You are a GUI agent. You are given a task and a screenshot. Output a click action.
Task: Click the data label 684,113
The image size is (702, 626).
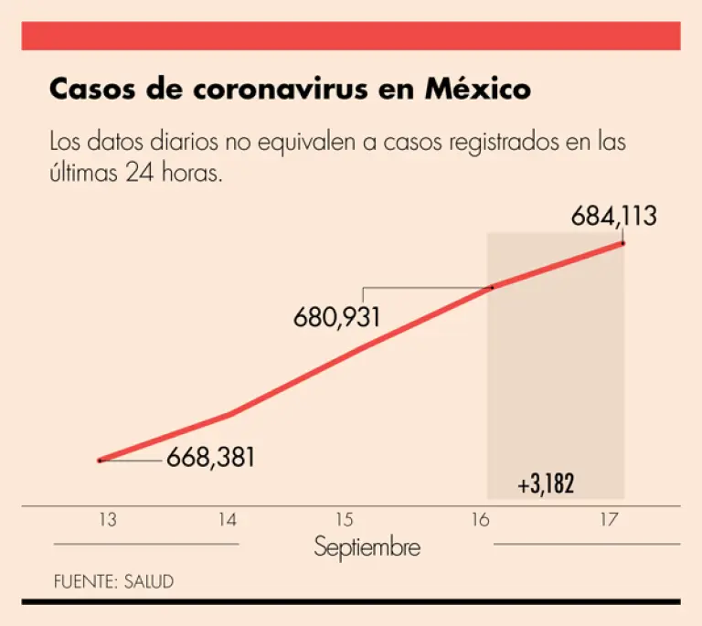click(614, 217)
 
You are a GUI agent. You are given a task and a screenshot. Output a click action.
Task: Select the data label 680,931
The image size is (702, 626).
click(336, 318)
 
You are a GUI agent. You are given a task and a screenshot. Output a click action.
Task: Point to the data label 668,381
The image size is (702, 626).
click(210, 457)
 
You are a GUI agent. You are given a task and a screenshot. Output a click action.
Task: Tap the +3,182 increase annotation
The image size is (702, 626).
click(546, 484)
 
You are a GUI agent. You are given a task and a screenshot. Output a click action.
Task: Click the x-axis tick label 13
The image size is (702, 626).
click(108, 520)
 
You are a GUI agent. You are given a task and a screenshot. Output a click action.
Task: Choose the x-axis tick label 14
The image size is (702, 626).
click(228, 520)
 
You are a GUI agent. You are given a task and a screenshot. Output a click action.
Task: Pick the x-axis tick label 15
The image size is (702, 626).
click(344, 520)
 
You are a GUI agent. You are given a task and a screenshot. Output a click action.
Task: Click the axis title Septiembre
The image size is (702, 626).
click(367, 547)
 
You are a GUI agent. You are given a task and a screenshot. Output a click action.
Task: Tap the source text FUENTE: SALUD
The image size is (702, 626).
click(113, 581)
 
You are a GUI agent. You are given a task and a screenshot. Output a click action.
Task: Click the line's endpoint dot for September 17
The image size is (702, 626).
click(623, 242)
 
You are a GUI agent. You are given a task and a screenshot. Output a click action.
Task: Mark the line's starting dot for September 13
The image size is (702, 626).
click(100, 460)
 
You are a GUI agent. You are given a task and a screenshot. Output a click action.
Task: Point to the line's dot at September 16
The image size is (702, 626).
click(492, 287)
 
